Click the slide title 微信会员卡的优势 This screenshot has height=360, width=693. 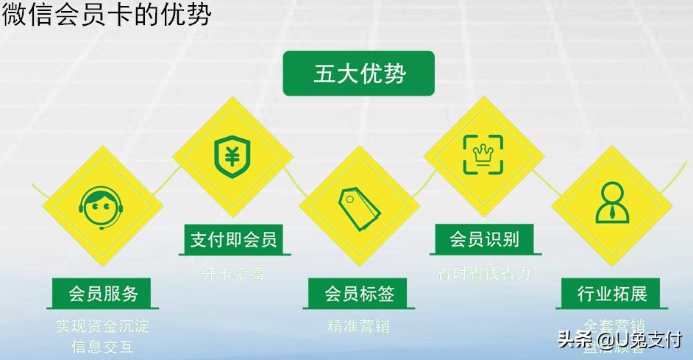tap(106, 15)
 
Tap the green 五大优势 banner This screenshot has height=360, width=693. tap(358, 74)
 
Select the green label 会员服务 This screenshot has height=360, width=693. tap(103, 294)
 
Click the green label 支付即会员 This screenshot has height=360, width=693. tap(232, 239)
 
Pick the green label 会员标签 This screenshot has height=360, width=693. tap(359, 294)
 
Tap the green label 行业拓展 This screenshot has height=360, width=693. tap(612, 294)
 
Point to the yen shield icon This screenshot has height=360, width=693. tap(232, 155)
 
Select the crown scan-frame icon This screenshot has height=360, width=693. tap(483, 154)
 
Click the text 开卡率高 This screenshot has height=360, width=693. tap(232, 274)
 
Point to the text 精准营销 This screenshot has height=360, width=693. tap(359, 325)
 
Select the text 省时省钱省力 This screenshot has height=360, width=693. tap(484, 274)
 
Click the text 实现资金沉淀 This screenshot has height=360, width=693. tap(103, 326)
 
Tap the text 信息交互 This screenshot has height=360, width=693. tap(103, 346)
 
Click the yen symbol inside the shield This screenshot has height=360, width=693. tap(232, 155)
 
